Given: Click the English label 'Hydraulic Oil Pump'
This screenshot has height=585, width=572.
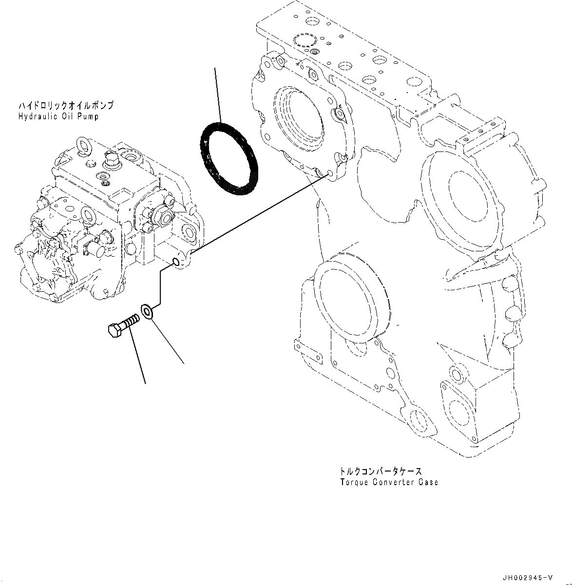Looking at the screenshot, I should [x=58, y=116].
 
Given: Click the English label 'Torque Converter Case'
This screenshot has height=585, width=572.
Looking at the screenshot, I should [x=389, y=482].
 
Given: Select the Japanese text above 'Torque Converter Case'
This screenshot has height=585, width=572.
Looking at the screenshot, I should [x=381, y=472].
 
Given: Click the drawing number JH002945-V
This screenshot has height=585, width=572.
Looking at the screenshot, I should [x=528, y=578].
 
